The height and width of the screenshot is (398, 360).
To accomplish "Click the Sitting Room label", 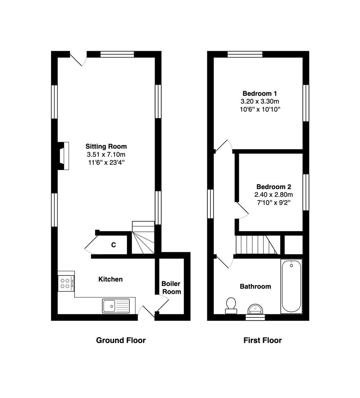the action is click(x=106, y=146).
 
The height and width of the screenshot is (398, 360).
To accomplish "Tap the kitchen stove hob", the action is click(x=66, y=283).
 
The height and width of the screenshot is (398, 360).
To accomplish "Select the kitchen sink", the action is click(x=116, y=306).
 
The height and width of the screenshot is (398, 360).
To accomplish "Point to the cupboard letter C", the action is click(x=114, y=245).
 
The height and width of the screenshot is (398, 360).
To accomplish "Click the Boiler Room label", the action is click(x=172, y=287).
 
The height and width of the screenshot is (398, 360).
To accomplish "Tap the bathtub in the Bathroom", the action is click(x=291, y=286).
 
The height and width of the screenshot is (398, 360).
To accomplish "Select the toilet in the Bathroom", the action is click(x=231, y=306).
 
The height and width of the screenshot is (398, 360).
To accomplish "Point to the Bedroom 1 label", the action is click(x=260, y=93).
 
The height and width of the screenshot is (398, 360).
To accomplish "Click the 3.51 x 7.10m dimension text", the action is click(x=106, y=154).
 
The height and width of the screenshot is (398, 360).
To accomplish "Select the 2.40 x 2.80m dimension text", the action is click(x=274, y=195).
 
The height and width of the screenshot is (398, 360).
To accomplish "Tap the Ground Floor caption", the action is click(x=121, y=340).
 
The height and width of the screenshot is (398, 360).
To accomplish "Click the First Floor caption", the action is click(x=263, y=340).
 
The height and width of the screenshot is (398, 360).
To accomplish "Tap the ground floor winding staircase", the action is click(x=143, y=237).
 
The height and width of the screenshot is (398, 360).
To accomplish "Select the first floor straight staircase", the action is click(x=257, y=245).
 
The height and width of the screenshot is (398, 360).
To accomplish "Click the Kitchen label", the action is click(x=111, y=279).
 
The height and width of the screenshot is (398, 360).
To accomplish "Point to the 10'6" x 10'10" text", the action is click(x=260, y=109).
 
